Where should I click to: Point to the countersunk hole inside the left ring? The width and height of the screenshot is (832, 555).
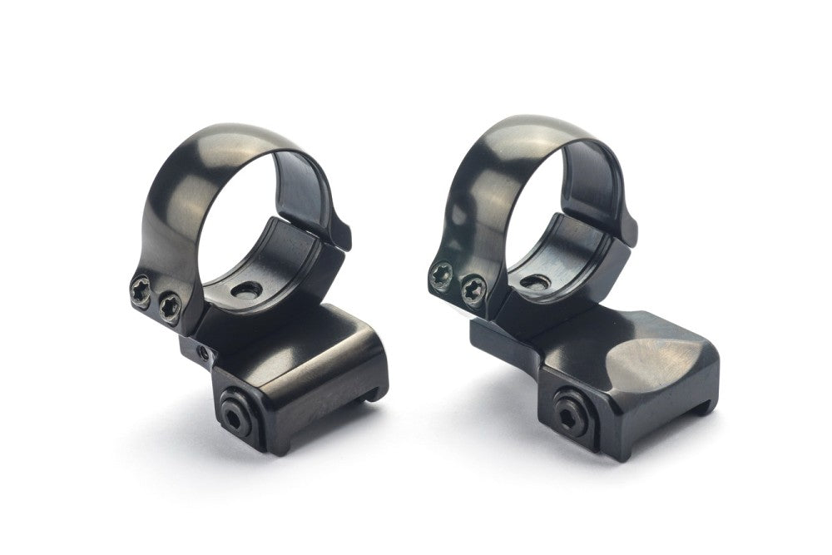click(247, 290)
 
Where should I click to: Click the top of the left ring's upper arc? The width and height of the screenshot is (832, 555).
click(250, 133)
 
